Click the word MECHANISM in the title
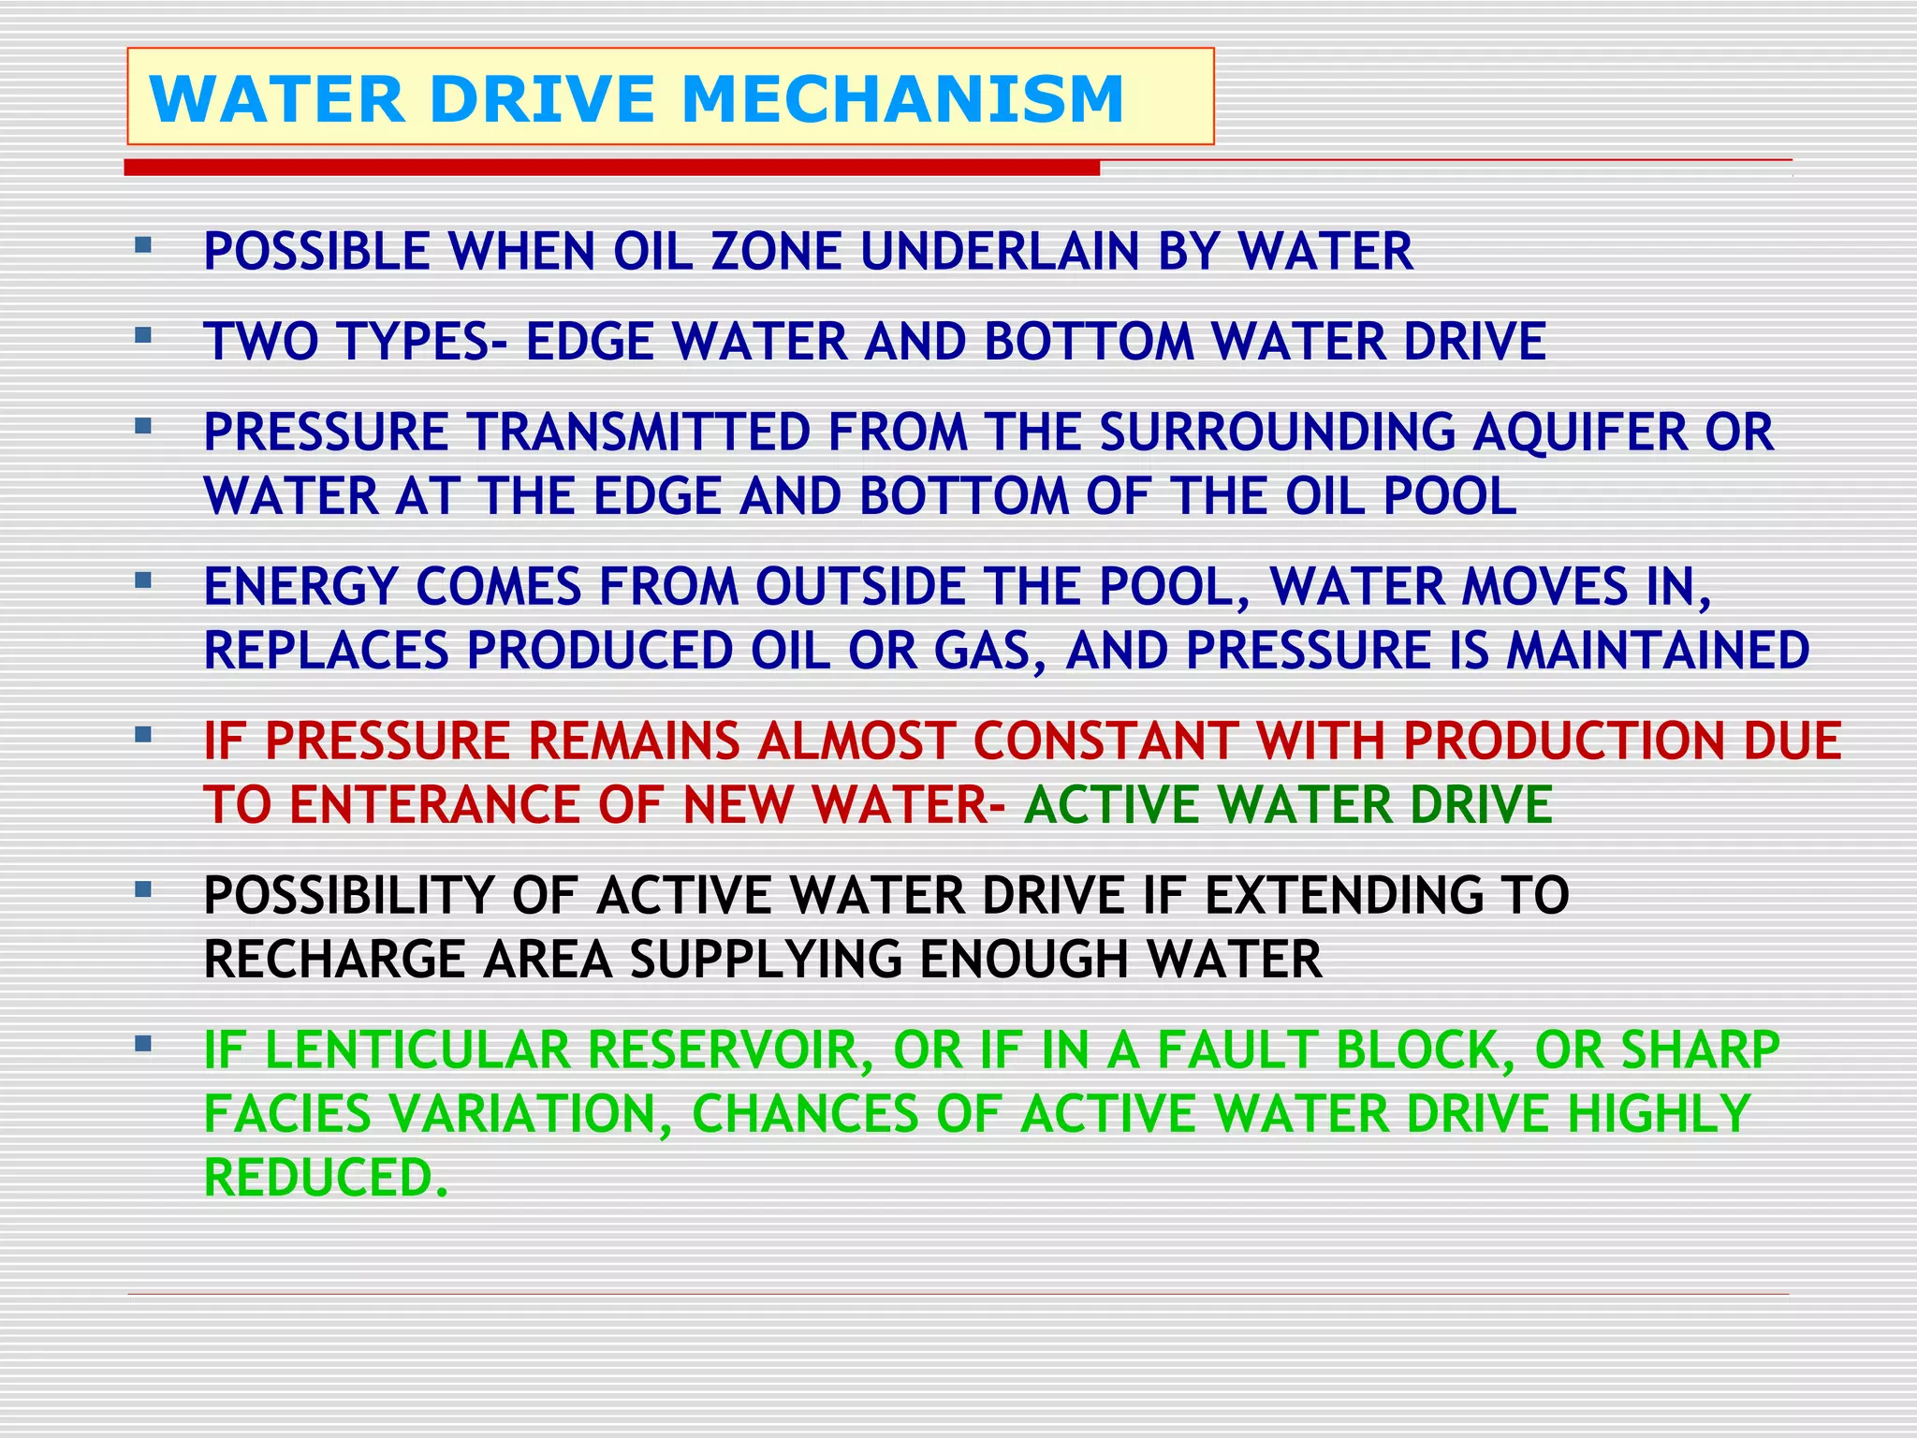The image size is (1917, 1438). coord(902,99)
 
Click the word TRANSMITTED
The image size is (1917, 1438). coord(638,433)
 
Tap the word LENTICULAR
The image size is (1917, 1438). coord(417,1050)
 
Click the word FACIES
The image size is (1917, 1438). coord(288,1114)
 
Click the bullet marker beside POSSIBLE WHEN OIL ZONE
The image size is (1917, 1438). coord(143,246)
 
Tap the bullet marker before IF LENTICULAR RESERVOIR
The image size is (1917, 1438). coord(143,1044)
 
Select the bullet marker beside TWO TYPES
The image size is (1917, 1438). coord(143,335)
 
